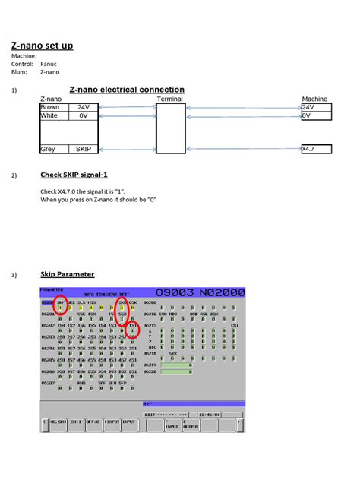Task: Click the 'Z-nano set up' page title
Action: pyautogui.click(x=42, y=46)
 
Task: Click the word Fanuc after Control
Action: pyautogui.click(x=49, y=64)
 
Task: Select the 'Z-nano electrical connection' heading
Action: pyautogui.click(x=127, y=90)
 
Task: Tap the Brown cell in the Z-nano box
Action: pyautogui.click(x=49, y=107)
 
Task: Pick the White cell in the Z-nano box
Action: pyautogui.click(x=49, y=116)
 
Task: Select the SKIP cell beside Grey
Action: pyautogui.click(x=84, y=150)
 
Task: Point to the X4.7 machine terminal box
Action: pyautogui.click(x=317, y=150)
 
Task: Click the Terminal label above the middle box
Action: pyautogui.click(x=169, y=99)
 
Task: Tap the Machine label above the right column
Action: pyautogui.click(x=314, y=99)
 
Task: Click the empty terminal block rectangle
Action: pyautogui.click(x=170, y=128)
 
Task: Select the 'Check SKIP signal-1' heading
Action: pyautogui.click(x=74, y=175)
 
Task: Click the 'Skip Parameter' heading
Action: pyautogui.click(x=67, y=274)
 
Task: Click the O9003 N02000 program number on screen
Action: pyautogui.click(x=200, y=292)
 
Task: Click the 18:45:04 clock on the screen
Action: pyautogui.click(x=209, y=415)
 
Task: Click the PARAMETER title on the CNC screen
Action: pyautogui.click(x=52, y=289)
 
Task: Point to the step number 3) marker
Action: pyautogui.click(x=14, y=275)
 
